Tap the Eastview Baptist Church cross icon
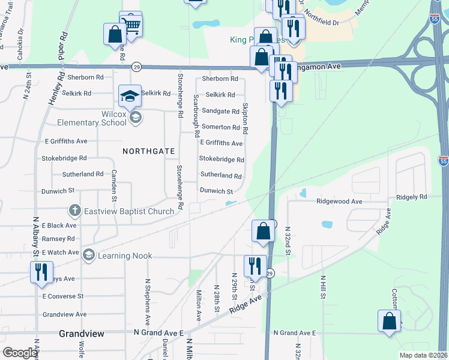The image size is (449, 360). point(74,211)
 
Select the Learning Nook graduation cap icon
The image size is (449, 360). point(89,256)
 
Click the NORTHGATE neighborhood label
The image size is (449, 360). point(148,152)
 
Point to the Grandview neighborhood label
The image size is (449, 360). point(82,333)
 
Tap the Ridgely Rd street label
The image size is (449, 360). point(411,197)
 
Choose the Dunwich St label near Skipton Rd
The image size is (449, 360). point(216,191)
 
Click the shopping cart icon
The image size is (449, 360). point(131,25)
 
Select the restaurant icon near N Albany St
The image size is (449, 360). point(41,271)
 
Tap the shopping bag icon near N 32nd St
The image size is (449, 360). point(264,231)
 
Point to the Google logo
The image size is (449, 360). point(19,353)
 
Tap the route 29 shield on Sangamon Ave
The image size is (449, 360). point(137,66)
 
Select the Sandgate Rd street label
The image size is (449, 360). point(220,111)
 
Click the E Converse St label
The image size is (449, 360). point(63,296)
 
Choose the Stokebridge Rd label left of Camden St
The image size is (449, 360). point(64,158)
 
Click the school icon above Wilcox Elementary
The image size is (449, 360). point(129,95)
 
